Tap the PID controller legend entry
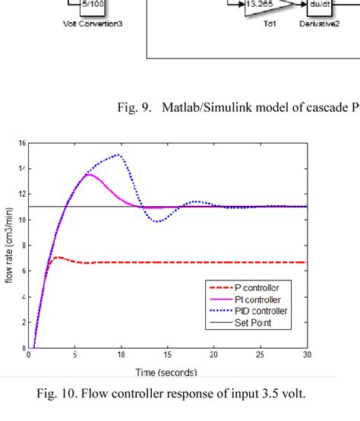click(x=247, y=311)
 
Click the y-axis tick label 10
click(x=21, y=220)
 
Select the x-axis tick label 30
click(x=307, y=355)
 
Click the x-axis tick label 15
click(x=167, y=355)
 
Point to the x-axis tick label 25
click(x=261, y=355)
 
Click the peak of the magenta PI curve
click(x=89, y=175)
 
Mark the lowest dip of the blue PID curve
click(x=156, y=221)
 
